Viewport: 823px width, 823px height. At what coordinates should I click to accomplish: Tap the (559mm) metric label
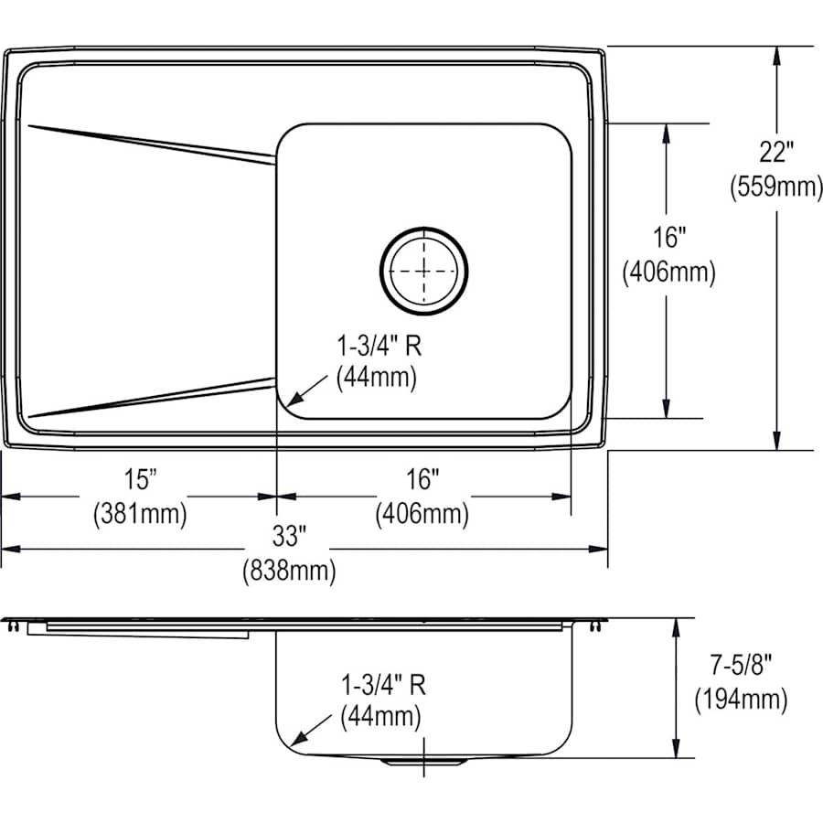(775, 187)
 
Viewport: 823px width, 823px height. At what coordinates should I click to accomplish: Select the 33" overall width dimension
(288, 535)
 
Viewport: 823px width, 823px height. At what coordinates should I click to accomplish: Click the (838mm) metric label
(288, 572)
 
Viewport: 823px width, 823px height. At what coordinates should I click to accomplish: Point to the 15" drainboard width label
(140, 477)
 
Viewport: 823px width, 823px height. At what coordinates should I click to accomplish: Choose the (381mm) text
(140, 514)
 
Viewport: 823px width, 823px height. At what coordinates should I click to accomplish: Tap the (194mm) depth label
(741, 700)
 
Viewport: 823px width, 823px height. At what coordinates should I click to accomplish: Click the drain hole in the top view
(424, 269)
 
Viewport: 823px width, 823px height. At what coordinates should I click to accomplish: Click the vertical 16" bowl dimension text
(668, 238)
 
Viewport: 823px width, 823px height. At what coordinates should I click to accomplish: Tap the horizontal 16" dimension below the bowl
(422, 477)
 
